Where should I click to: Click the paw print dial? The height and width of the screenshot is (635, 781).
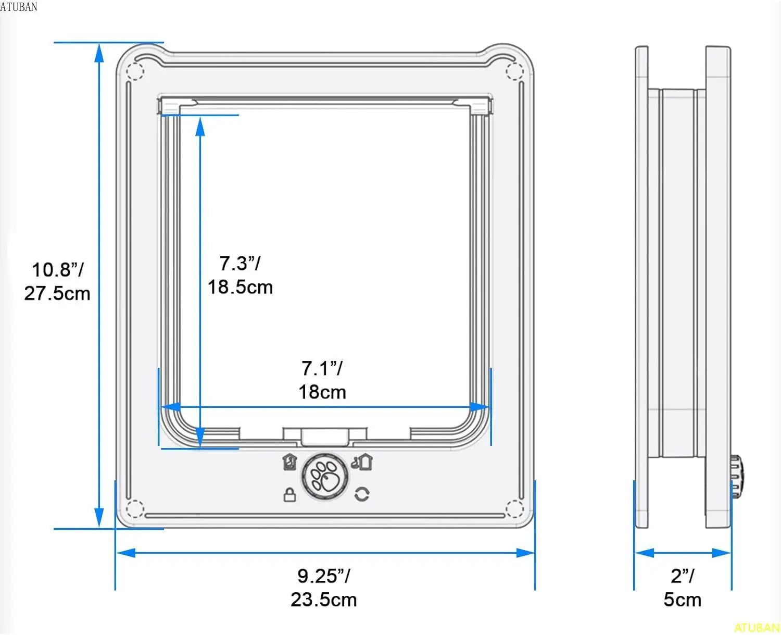tap(325, 477)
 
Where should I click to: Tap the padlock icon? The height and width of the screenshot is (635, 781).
tap(289, 494)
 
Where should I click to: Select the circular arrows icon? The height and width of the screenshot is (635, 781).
tap(362, 494)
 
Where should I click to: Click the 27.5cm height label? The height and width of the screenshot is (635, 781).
tap(57, 293)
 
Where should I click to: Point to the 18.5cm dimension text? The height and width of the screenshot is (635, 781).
tap(240, 287)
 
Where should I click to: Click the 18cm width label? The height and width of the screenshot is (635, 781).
tap(322, 392)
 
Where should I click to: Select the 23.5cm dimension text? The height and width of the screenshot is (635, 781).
tap(324, 600)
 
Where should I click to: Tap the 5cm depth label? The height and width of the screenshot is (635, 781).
tap(683, 600)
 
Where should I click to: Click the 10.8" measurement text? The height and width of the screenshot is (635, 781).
tap(58, 270)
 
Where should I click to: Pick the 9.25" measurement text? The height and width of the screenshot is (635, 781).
tap(324, 576)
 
